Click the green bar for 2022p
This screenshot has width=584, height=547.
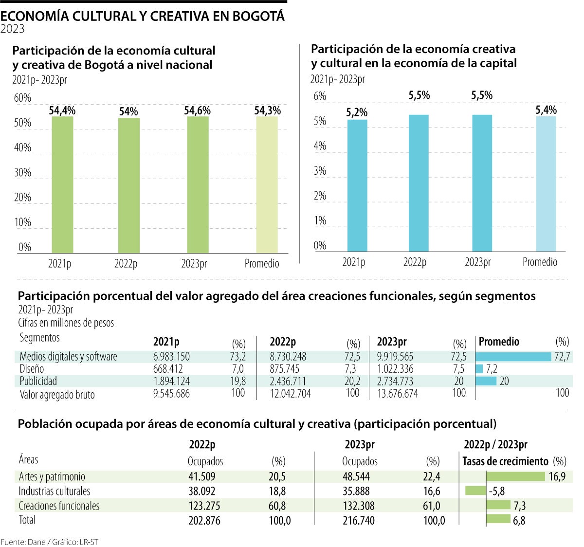tap(128, 185)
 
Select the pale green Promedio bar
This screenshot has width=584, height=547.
tap(267, 185)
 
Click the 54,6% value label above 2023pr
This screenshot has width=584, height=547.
tap(197, 111)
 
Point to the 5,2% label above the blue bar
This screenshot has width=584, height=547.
tap(357, 113)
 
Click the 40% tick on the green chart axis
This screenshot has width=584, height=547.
tap(22, 147)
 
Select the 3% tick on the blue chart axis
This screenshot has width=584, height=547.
tap(320, 171)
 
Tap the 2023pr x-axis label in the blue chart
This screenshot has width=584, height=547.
tap(477, 262)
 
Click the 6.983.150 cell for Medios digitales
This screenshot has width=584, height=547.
tap(171, 357)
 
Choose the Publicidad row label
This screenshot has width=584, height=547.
tap(38, 381)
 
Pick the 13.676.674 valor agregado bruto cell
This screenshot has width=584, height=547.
tap(397, 393)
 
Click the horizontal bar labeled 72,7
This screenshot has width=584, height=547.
tap(513, 357)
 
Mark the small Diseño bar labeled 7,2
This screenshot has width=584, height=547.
tap(479, 369)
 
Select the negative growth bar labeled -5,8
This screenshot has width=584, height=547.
tap(475, 491)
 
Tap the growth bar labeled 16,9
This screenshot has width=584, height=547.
tap(516, 476)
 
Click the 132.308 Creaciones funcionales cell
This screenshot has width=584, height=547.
tap(359, 506)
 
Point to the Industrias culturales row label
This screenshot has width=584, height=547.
tap(55, 491)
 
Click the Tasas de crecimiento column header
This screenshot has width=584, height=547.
tap(505, 461)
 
